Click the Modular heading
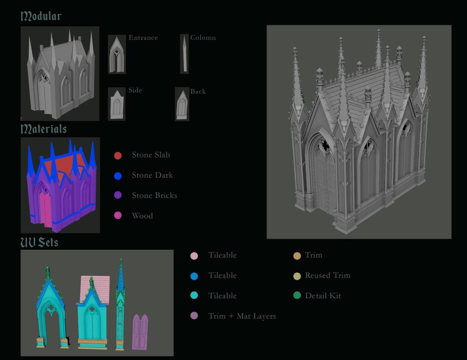click(41, 16)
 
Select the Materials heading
click(44, 129)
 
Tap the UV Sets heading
click(39, 242)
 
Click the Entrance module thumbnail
click(117, 54)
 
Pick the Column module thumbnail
click(184, 53)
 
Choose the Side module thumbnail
click(116, 104)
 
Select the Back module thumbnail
click(182, 104)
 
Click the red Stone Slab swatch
click(118, 155)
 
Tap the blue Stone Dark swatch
click(118, 175)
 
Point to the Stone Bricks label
click(154, 195)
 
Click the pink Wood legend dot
click(118, 216)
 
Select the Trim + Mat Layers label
click(242, 316)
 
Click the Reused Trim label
click(327, 275)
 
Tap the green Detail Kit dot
click(297, 296)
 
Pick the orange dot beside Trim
click(297, 255)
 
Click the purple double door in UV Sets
click(141, 332)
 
